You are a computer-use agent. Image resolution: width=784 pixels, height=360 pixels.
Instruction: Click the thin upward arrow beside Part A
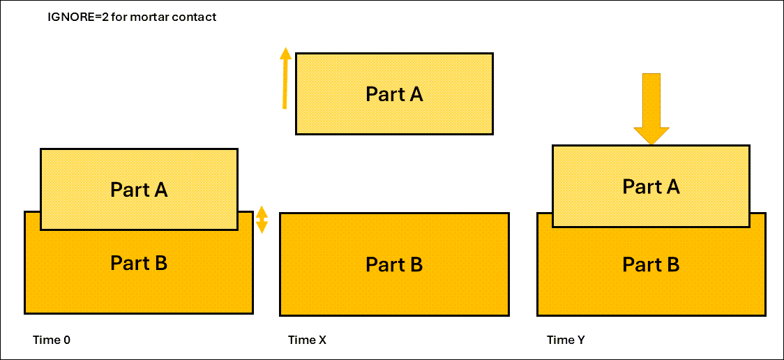(x=285, y=80)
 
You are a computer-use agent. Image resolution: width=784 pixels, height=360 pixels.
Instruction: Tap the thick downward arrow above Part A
(x=651, y=105)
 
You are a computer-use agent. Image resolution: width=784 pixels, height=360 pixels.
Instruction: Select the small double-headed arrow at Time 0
(x=262, y=219)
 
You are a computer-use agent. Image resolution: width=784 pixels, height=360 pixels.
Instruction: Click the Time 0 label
(x=52, y=340)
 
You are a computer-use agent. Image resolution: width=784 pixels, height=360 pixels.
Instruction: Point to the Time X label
(x=307, y=340)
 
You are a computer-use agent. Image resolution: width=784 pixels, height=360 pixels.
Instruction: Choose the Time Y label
(x=566, y=340)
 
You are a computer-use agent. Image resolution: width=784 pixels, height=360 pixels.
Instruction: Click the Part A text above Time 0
(x=139, y=190)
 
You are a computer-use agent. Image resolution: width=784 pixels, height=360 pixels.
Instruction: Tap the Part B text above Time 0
(x=139, y=263)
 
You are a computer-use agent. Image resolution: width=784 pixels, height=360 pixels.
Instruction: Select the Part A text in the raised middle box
(x=394, y=94)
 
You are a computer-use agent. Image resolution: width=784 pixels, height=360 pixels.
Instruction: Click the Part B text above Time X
(x=394, y=265)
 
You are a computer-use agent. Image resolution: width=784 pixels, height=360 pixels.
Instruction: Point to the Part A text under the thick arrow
(x=651, y=187)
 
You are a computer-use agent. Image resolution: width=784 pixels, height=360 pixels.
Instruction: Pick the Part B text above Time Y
(x=651, y=265)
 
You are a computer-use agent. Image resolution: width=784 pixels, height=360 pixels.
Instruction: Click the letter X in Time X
(x=322, y=340)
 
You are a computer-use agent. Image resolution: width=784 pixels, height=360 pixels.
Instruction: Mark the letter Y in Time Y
(x=581, y=340)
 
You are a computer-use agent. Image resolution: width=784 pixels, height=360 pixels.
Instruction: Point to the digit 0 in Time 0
(x=67, y=340)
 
